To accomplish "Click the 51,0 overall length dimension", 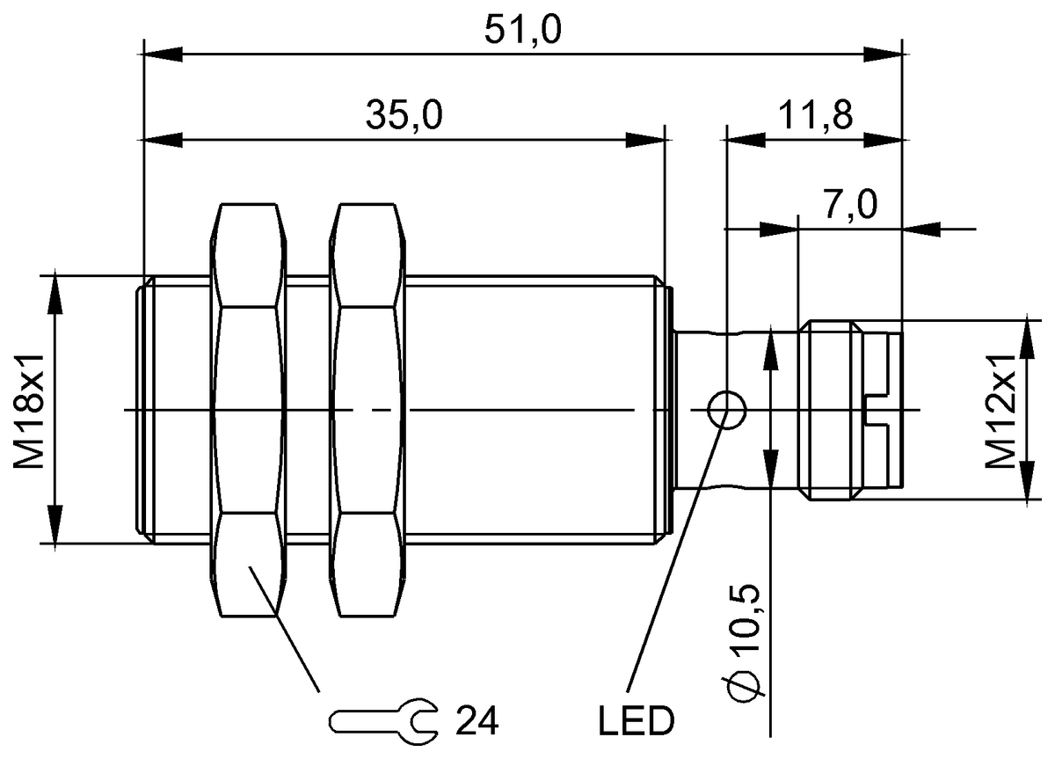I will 522,30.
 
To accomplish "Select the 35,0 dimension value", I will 404,114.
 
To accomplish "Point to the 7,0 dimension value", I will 850,205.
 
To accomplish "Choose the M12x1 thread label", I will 999,410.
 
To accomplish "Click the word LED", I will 636,722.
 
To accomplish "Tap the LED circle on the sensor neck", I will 726,409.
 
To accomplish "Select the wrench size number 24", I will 477,721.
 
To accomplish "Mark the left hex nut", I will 249,409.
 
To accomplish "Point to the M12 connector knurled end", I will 831,410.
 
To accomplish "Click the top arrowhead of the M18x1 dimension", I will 55,294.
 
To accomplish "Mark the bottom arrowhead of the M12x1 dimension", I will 1027,485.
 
